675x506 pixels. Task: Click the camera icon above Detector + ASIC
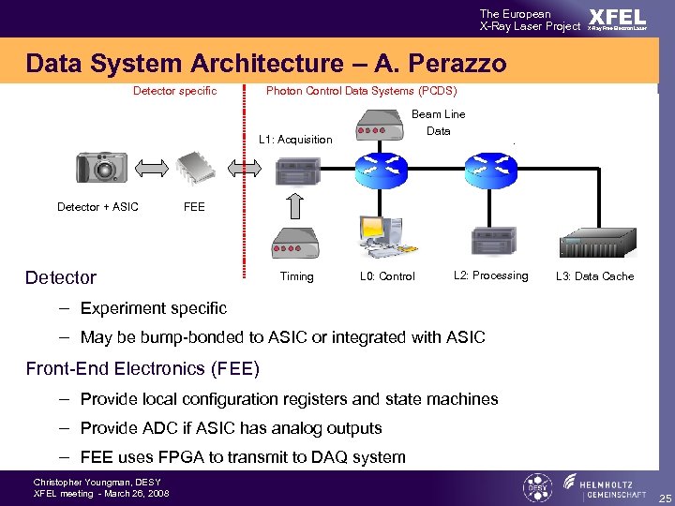click(100, 169)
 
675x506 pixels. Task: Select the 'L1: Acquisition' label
click(294, 140)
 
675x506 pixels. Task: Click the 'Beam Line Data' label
click(438, 123)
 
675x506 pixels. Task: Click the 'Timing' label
click(296, 276)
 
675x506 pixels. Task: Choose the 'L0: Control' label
click(387, 276)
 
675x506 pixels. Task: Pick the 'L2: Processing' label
click(490, 275)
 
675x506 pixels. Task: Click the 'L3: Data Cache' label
click(594, 276)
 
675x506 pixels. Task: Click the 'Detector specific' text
click(174, 91)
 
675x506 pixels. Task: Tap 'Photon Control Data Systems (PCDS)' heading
click(361, 91)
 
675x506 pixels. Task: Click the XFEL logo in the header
click(617, 19)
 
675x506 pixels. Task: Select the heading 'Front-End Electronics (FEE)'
click(142, 368)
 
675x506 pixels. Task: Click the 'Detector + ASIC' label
click(97, 207)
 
